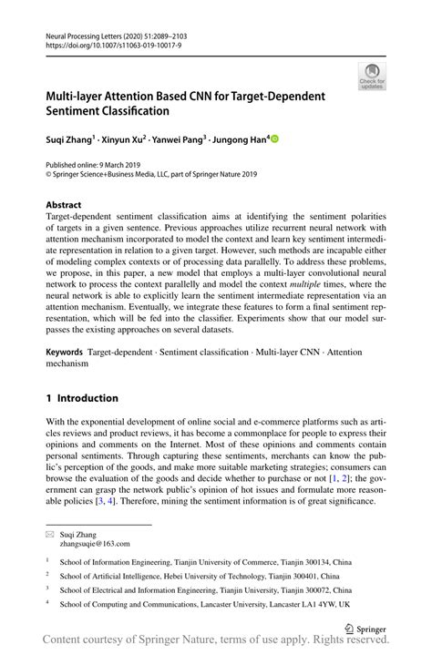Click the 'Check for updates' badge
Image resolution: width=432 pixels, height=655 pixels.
[371, 77]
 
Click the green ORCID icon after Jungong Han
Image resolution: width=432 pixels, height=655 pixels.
[274, 139]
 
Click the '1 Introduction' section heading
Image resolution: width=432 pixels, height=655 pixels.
[82, 398]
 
